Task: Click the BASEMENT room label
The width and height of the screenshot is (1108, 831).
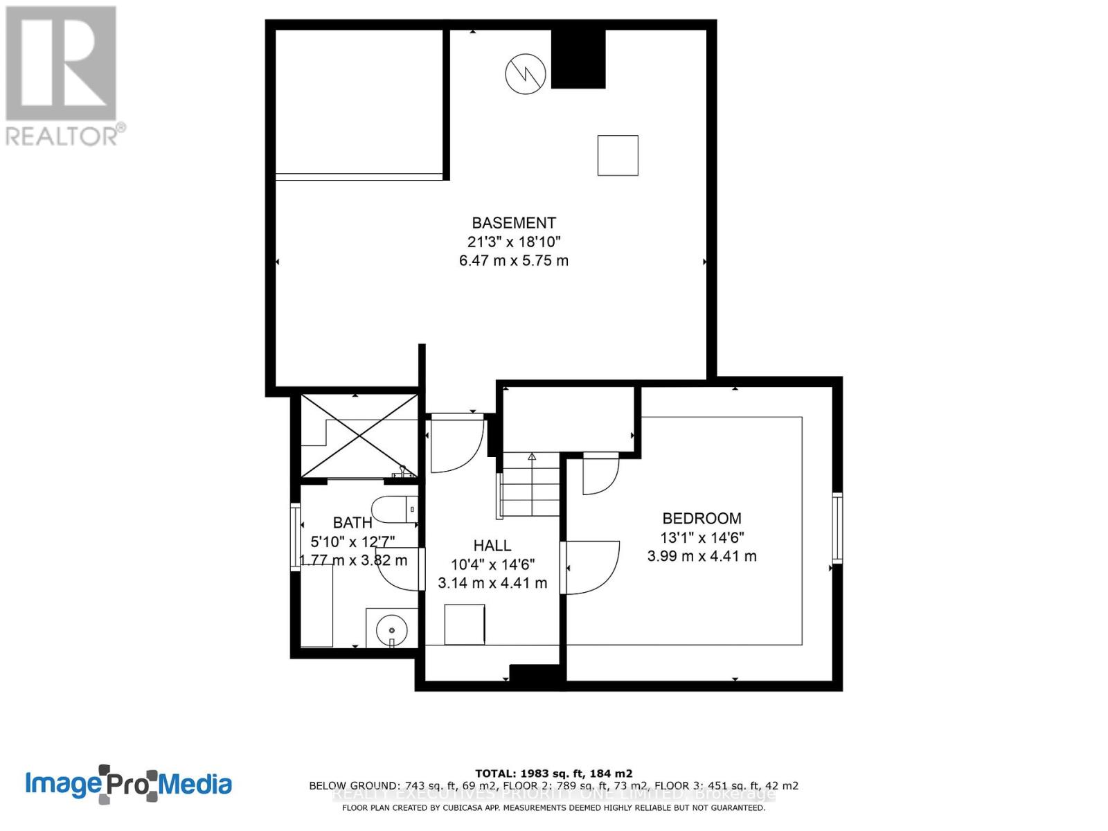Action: tap(513, 223)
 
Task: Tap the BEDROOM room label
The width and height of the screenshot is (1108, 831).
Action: tap(702, 518)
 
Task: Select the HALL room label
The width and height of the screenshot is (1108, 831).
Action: tap(492, 546)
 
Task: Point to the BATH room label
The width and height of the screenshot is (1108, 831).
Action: tap(352, 523)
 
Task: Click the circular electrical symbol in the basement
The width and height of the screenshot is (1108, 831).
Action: tap(526, 73)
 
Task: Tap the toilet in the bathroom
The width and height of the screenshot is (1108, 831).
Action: tap(394, 510)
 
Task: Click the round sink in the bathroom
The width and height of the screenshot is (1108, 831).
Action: tap(392, 631)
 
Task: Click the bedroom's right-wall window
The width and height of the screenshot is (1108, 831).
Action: tap(837, 528)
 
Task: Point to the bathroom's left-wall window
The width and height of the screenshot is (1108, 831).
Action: tap(296, 538)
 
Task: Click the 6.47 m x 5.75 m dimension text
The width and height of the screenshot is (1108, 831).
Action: tap(513, 261)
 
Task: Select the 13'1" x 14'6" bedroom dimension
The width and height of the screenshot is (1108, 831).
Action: tap(702, 537)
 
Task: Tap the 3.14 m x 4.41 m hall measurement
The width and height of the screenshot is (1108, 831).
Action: tap(492, 583)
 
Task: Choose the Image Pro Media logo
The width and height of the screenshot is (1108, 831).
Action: tap(129, 784)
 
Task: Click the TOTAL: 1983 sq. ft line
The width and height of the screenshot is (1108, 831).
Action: tap(553, 774)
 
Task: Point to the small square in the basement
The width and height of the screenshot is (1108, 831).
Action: tap(618, 155)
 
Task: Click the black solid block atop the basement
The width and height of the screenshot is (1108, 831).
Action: tap(578, 59)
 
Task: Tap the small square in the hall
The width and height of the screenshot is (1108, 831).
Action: tap(465, 625)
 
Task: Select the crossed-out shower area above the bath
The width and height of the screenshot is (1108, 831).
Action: tap(359, 436)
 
